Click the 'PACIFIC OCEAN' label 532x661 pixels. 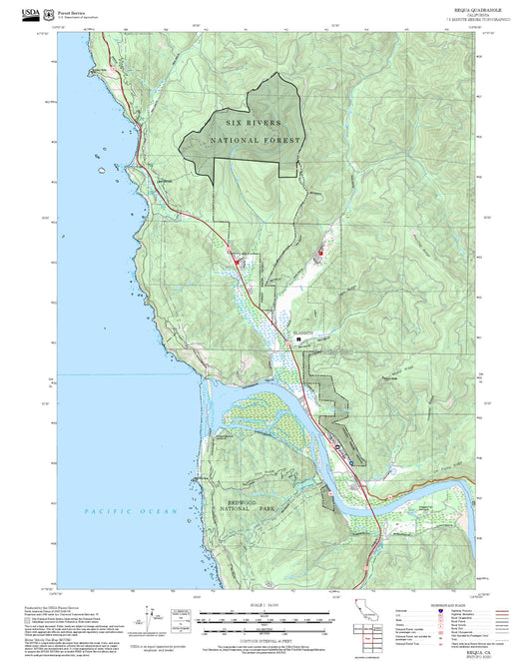pos(131,511)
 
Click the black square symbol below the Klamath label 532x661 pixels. pos(298,340)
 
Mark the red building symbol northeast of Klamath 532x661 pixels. pos(320,253)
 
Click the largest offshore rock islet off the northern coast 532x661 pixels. pos(101,172)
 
